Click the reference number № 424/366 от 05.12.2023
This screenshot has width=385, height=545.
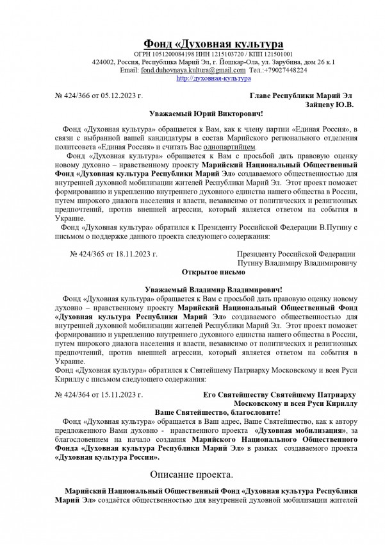tap(99, 95)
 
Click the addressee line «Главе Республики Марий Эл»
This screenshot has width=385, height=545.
tap(301, 95)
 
